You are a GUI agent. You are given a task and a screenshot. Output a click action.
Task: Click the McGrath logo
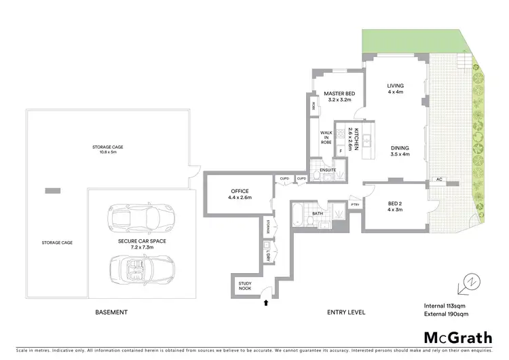[453, 338]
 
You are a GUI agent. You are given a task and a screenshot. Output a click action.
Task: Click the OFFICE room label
[240, 191]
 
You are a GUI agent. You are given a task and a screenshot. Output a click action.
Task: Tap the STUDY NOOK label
[244, 286]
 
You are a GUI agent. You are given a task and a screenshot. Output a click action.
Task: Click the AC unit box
[439, 179]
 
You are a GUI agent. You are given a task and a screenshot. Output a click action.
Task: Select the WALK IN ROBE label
[326, 138]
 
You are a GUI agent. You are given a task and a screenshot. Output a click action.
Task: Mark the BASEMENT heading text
[111, 312]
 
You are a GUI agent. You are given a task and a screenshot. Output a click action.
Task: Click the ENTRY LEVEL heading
[346, 312]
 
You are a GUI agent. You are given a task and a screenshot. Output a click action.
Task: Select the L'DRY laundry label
[269, 255]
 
